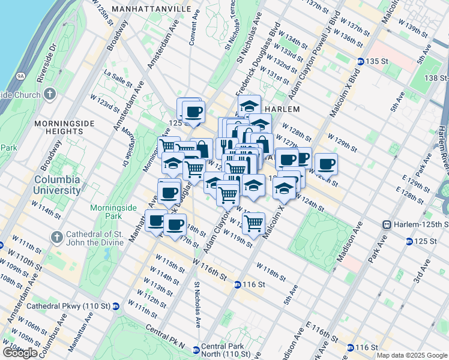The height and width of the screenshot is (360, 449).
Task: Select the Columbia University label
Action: coord(57,185)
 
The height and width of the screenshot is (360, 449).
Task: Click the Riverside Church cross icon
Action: coord(49,94)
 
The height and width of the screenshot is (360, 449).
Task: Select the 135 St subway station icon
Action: coord(360,62)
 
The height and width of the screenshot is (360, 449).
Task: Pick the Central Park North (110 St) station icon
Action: coord(196,349)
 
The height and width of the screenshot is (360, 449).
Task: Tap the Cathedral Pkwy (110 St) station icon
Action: coord(116,306)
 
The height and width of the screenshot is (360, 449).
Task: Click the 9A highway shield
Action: coord(20,76)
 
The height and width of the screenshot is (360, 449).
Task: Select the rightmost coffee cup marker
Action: coord(327,163)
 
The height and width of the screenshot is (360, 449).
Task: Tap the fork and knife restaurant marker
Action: coord(226,146)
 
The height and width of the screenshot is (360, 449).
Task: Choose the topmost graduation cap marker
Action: coord(249,106)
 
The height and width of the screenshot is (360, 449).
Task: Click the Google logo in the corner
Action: coord(20,353)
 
